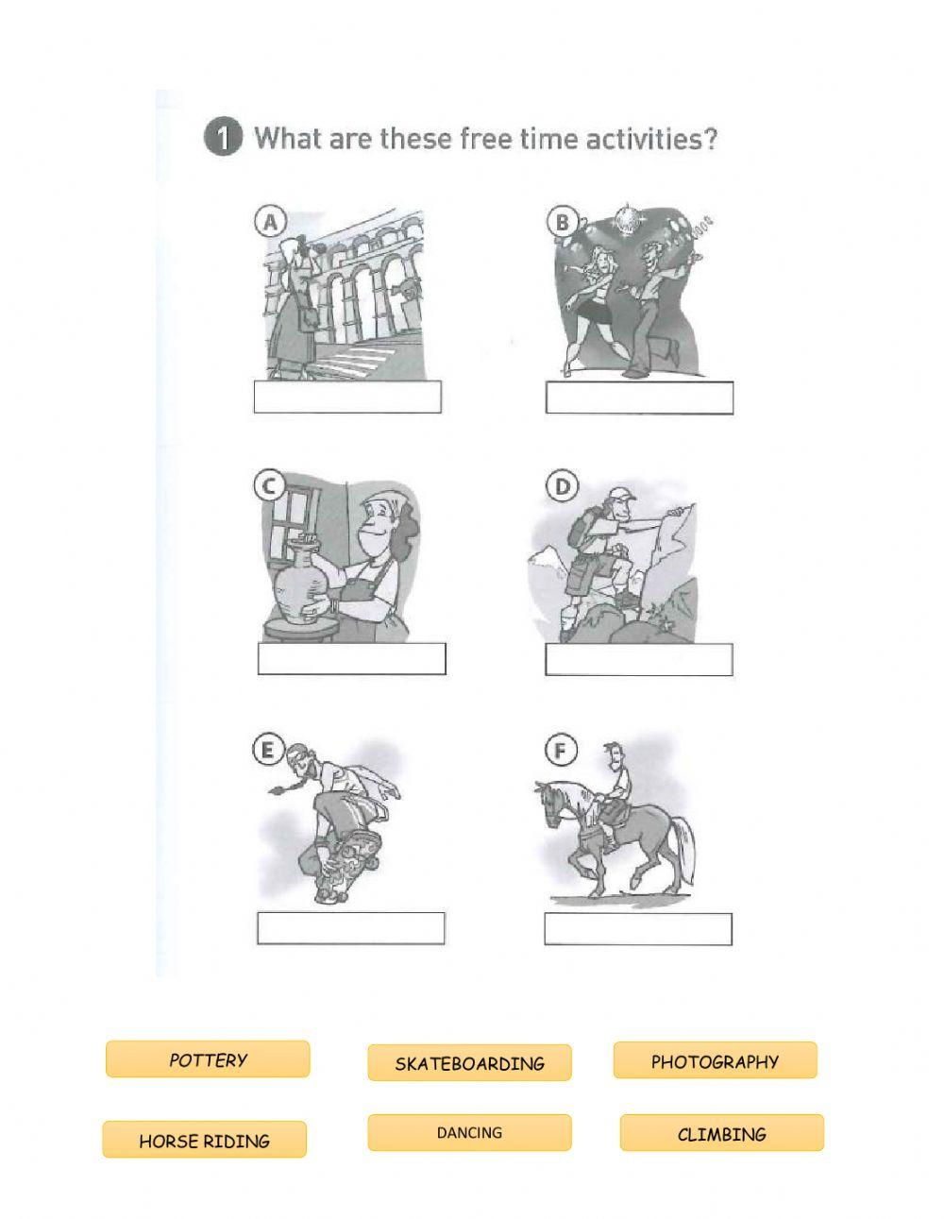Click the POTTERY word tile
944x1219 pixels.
(x=208, y=1059)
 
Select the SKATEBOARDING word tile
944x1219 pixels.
(x=469, y=1063)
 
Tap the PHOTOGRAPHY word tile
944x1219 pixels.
(x=715, y=1061)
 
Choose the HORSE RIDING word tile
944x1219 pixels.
(x=204, y=1141)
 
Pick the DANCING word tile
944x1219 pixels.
(x=469, y=1133)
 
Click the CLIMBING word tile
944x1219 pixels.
(x=721, y=1134)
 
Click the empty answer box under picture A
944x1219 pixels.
(x=347, y=398)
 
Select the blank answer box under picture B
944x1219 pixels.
(x=639, y=398)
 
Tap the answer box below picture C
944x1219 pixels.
(x=351, y=659)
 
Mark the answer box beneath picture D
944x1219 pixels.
(x=639, y=659)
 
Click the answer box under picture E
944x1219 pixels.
(x=350, y=928)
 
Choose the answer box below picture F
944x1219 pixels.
(x=638, y=929)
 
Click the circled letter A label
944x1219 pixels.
(x=269, y=222)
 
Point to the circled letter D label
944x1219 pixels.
(x=562, y=486)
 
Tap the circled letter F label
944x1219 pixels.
(x=561, y=750)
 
